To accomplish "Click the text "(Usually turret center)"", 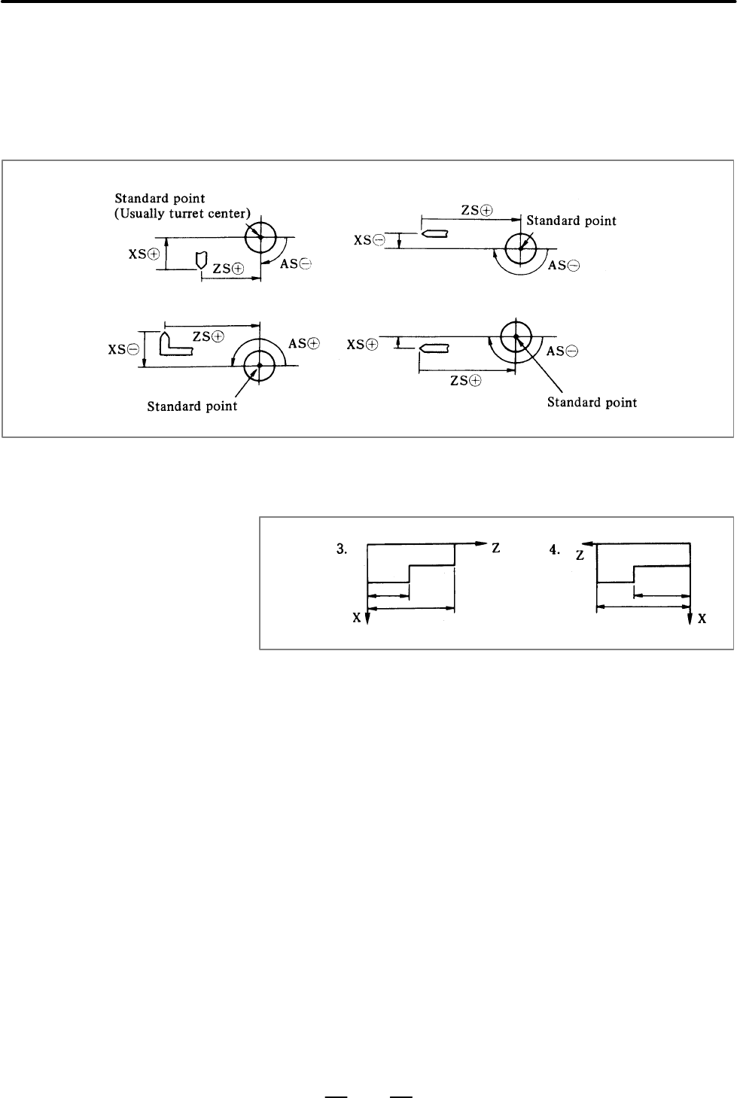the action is (x=182, y=214).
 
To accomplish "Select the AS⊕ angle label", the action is (x=304, y=344).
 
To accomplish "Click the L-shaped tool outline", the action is (x=175, y=344).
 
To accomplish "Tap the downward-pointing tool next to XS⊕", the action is (x=201, y=260).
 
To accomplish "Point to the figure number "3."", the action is (x=342, y=549).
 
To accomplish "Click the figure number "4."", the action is (x=554, y=550).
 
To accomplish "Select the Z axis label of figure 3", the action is (x=496, y=548).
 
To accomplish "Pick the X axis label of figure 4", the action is (x=702, y=619).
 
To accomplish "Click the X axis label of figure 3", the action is (x=357, y=618).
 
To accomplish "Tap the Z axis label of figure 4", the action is (x=580, y=555).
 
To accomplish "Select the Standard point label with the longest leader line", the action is (x=592, y=403).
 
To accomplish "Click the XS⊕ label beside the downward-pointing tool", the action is (x=145, y=254).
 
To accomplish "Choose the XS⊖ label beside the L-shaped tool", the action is (x=123, y=349).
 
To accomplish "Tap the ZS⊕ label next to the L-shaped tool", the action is (x=209, y=336).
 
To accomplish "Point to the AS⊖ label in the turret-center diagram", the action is (x=296, y=263).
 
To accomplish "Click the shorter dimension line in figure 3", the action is (x=388, y=596).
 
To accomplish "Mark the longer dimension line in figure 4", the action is (x=644, y=607).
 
